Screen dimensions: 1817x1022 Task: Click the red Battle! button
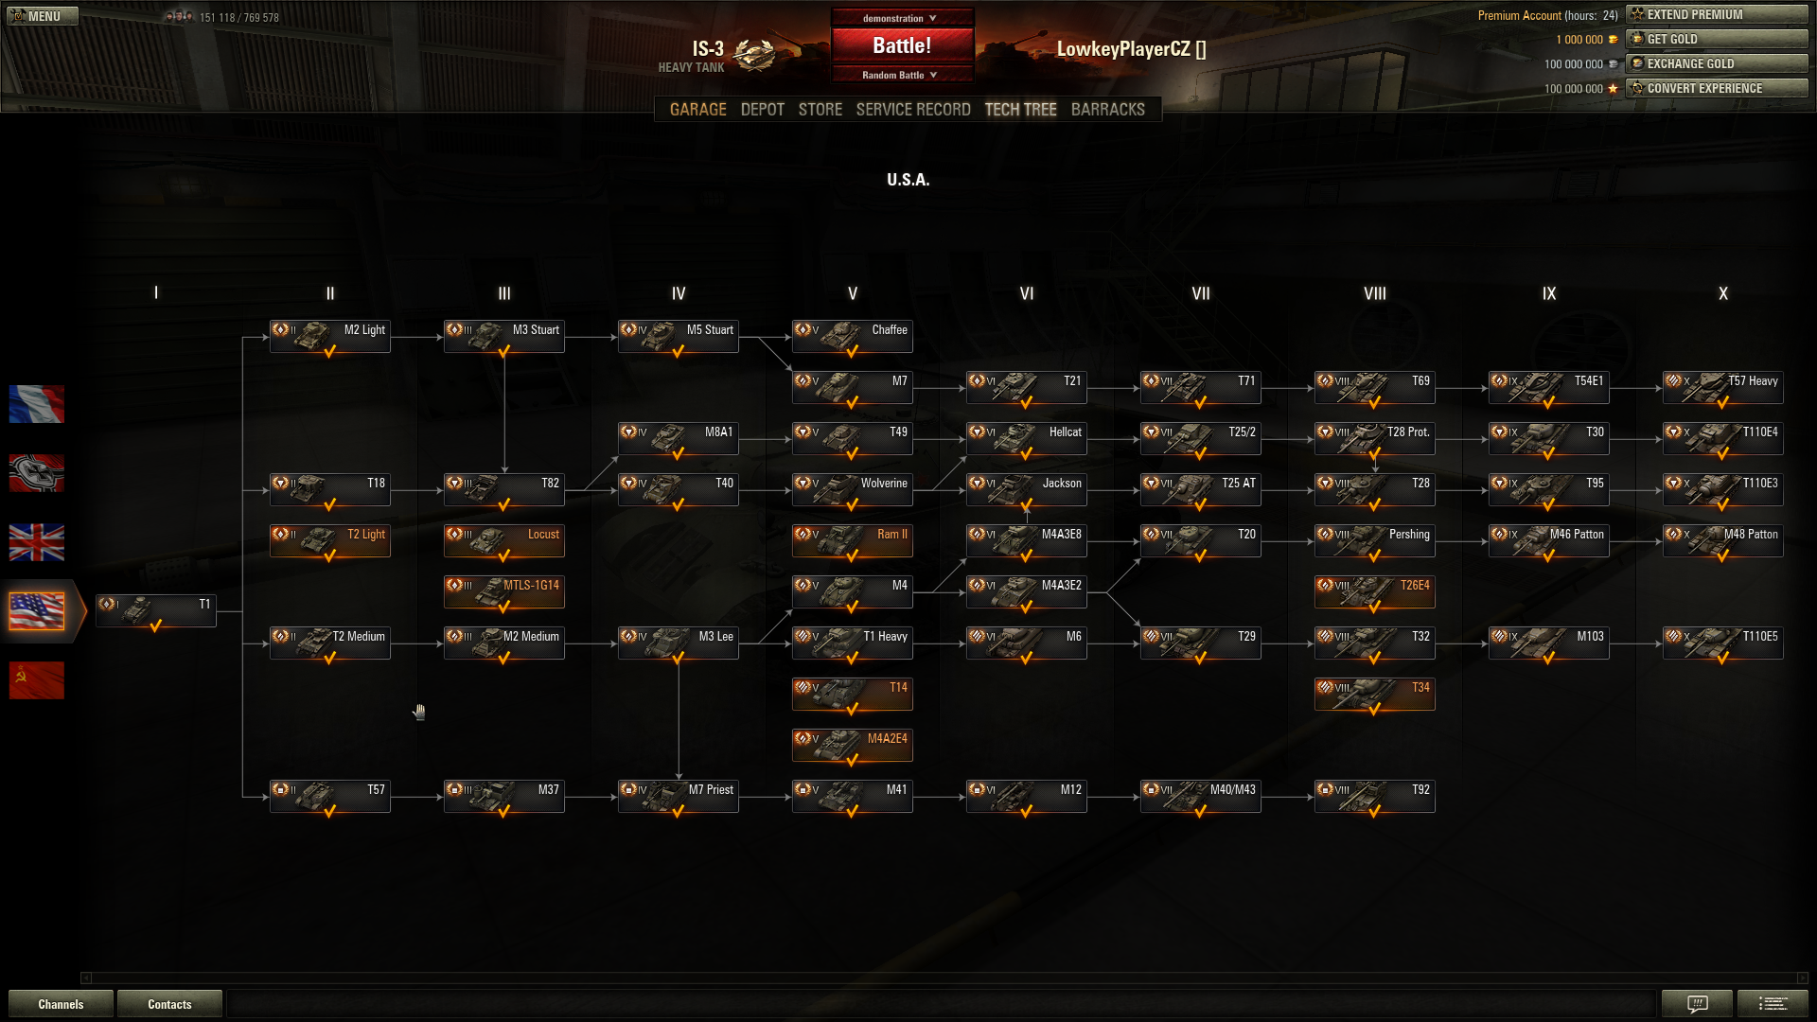click(902, 45)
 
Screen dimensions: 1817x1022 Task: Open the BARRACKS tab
click(1107, 110)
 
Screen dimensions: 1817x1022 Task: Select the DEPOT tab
click(762, 110)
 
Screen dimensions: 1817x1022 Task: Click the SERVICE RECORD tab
click(913, 110)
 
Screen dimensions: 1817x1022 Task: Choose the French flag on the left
click(37, 404)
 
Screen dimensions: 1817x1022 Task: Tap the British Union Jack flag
click(37, 542)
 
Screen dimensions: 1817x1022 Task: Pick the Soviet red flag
click(37, 680)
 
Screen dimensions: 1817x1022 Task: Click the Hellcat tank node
click(1026, 439)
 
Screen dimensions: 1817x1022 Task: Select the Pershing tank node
click(1374, 541)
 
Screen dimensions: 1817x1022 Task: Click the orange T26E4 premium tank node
click(1374, 592)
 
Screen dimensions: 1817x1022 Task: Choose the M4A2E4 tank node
click(852, 746)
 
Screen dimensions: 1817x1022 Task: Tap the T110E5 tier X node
click(1722, 643)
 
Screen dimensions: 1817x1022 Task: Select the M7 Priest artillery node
click(678, 797)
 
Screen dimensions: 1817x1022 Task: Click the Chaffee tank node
click(852, 337)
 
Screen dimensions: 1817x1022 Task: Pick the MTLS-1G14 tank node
click(503, 592)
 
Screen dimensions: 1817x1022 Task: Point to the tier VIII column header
click(1374, 293)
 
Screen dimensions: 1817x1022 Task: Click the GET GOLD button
click(1717, 39)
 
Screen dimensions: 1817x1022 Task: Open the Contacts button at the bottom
click(169, 1004)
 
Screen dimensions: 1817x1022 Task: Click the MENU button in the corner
click(43, 16)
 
